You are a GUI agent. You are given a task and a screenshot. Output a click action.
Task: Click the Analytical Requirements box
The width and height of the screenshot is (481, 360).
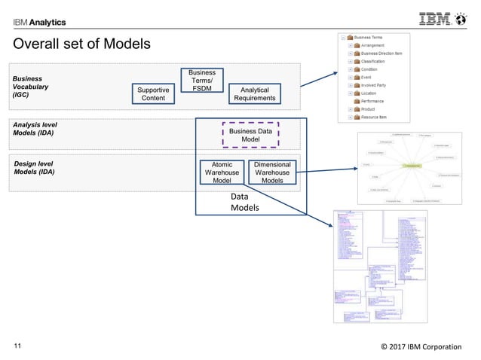click(x=254, y=93)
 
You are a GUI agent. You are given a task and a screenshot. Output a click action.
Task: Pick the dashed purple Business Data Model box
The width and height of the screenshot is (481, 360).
click(x=250, y=134)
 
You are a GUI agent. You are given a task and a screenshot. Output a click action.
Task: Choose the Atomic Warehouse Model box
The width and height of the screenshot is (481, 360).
click(x=222, y=172)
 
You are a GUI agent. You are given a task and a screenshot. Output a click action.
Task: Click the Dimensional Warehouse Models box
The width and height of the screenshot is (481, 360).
click(x=272, y=172)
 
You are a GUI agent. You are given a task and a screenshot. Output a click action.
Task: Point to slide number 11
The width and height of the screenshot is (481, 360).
click(x=19, y=346)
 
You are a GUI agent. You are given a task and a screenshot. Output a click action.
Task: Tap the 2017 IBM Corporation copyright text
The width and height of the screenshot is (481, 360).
click(x=421, y=346)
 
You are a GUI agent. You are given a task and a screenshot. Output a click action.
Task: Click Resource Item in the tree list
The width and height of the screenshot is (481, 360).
click(x=378, y=117)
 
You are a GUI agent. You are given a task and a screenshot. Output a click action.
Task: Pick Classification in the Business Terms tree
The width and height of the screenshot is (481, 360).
click(x=378, y=61)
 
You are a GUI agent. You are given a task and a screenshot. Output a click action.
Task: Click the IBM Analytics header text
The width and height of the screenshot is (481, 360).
click(x=39, y=22)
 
